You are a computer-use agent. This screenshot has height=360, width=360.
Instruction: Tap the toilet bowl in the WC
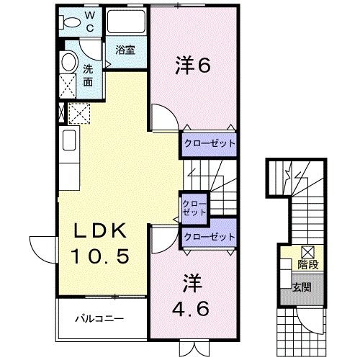[x=71, y=22]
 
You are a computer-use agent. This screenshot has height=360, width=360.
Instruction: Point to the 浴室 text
[x=125, y=50]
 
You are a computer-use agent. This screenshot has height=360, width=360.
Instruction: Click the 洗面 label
[x=87, y=75]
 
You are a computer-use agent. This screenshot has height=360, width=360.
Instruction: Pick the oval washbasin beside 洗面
[x=68, y=62]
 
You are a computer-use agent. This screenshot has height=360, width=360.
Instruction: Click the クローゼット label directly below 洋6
[x=208, y=143]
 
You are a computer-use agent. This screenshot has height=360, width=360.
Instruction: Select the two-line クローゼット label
[x=194, y=208]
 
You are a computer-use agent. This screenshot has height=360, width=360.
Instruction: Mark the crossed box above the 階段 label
[x=307, y=251]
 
